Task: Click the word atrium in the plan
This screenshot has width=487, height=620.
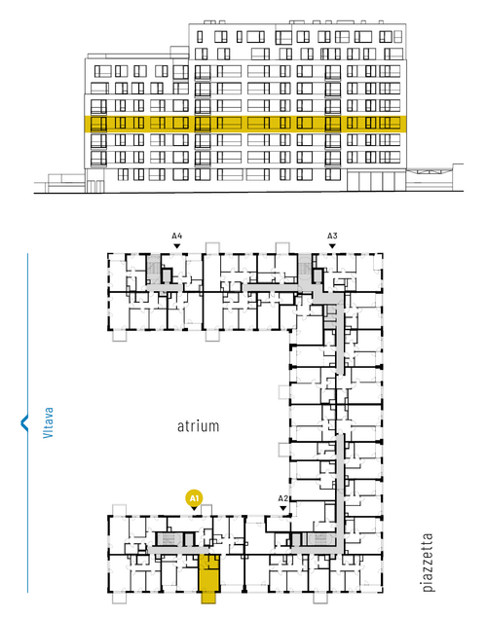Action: [198, 426]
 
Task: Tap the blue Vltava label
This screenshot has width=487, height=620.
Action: [48, 422]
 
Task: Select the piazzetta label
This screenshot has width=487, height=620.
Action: [428, 562]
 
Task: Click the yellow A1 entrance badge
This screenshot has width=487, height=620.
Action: [194, 498]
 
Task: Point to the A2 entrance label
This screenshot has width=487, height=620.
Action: [282, 498]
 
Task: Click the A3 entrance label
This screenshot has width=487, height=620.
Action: [332, 236]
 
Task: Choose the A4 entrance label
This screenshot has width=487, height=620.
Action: [177, 236]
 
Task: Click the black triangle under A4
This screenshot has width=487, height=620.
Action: [177, 246]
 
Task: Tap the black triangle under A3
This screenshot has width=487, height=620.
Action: [332, 246]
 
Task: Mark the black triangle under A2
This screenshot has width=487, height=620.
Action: [282, 508]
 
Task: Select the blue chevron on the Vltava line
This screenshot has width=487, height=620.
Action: [24, 422]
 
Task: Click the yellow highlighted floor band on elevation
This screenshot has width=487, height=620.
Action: [245, 124]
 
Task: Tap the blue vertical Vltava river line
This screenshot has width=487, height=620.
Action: [27, 422]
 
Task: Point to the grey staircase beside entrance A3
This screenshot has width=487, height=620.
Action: [304, 270]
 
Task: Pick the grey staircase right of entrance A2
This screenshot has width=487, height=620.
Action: [320, 539]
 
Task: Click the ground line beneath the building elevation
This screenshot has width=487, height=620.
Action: [248, 193]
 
